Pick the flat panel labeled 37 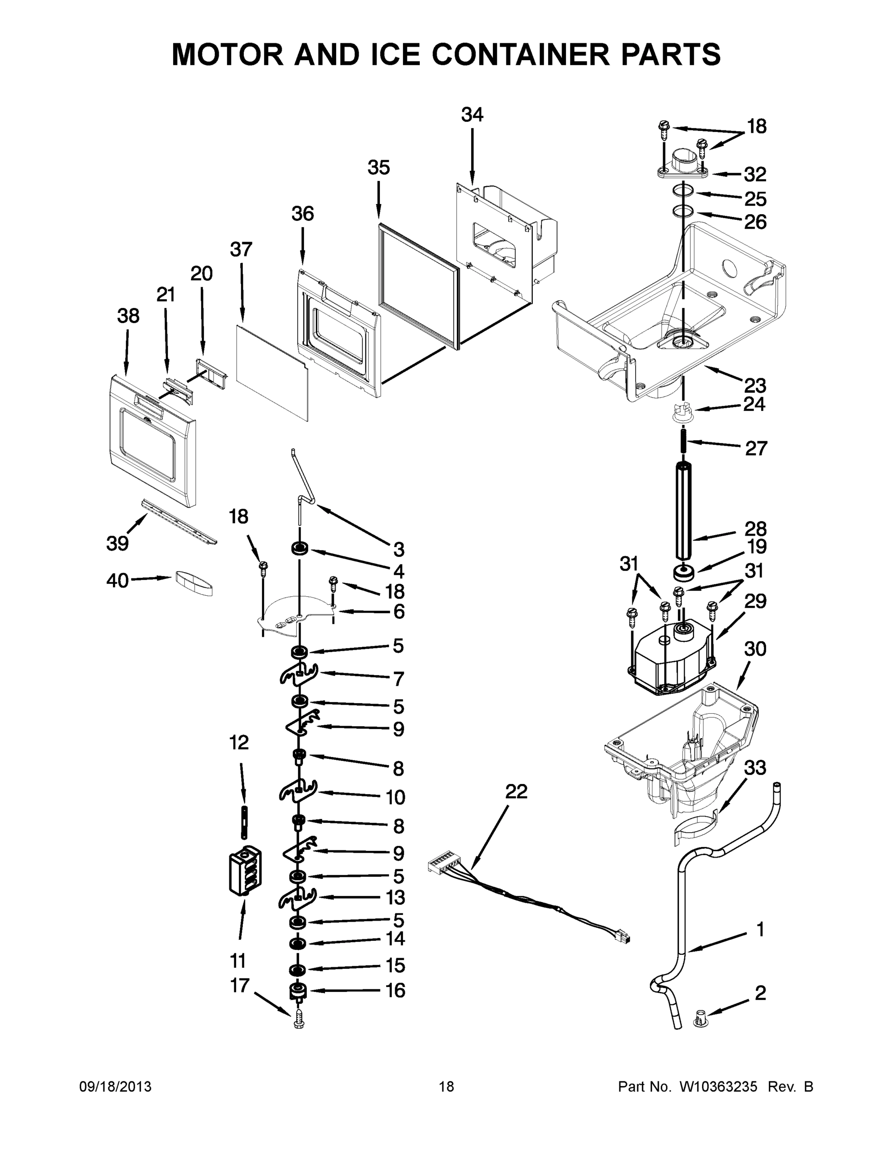point(272,372)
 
